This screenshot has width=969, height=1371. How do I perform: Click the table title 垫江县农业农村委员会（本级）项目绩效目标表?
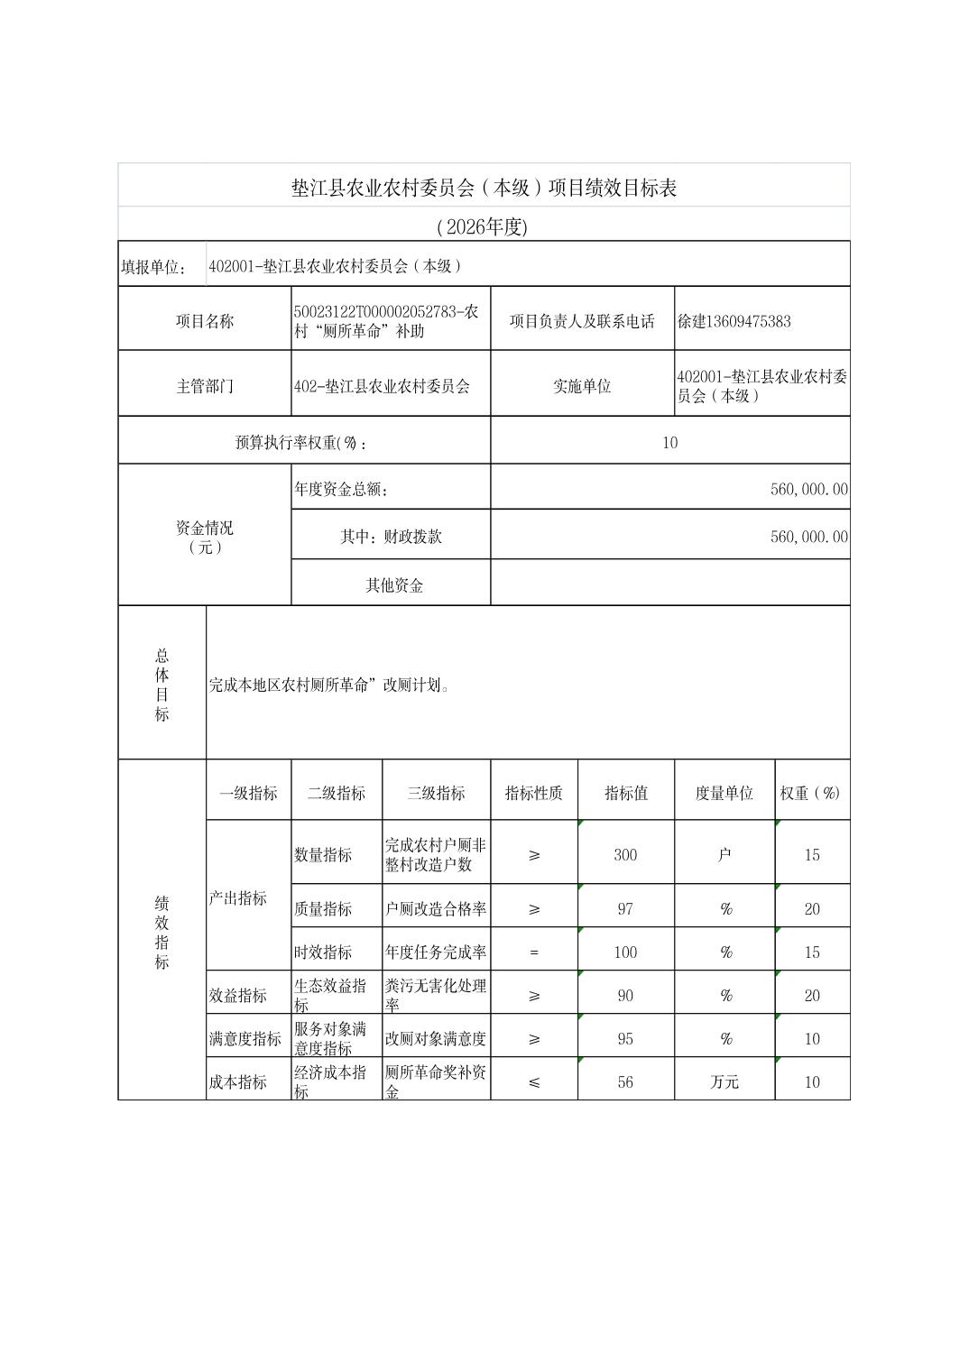pos(484,188)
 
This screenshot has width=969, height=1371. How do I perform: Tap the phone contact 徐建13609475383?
pos(734,321)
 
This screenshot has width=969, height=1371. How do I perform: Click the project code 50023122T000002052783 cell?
pos(387,321)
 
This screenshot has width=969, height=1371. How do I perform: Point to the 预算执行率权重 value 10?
pos(669,442)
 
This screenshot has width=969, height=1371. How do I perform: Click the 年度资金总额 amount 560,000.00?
pos(808,489)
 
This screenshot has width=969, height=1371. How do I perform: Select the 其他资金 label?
pos(394,585)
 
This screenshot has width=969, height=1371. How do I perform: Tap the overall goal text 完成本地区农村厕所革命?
pos(329,685)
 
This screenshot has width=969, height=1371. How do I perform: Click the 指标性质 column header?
pos(533,793)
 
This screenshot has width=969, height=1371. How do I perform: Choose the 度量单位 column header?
pos(724,793)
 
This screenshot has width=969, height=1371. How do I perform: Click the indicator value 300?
pos(625,854)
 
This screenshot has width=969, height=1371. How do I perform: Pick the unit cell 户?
pos(724,854)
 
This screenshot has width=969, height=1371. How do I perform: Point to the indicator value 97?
pos(625,908)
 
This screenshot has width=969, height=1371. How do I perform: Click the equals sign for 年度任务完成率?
pos(534,952)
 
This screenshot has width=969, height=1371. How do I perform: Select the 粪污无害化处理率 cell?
pos(436,995)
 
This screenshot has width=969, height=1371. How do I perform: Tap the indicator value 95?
pos(625,1038)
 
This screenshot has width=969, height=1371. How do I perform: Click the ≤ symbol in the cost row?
pos(534,1081)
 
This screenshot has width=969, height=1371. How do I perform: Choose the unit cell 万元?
pos(724,1081)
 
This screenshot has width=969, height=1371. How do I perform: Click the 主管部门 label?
pos(205,386)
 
